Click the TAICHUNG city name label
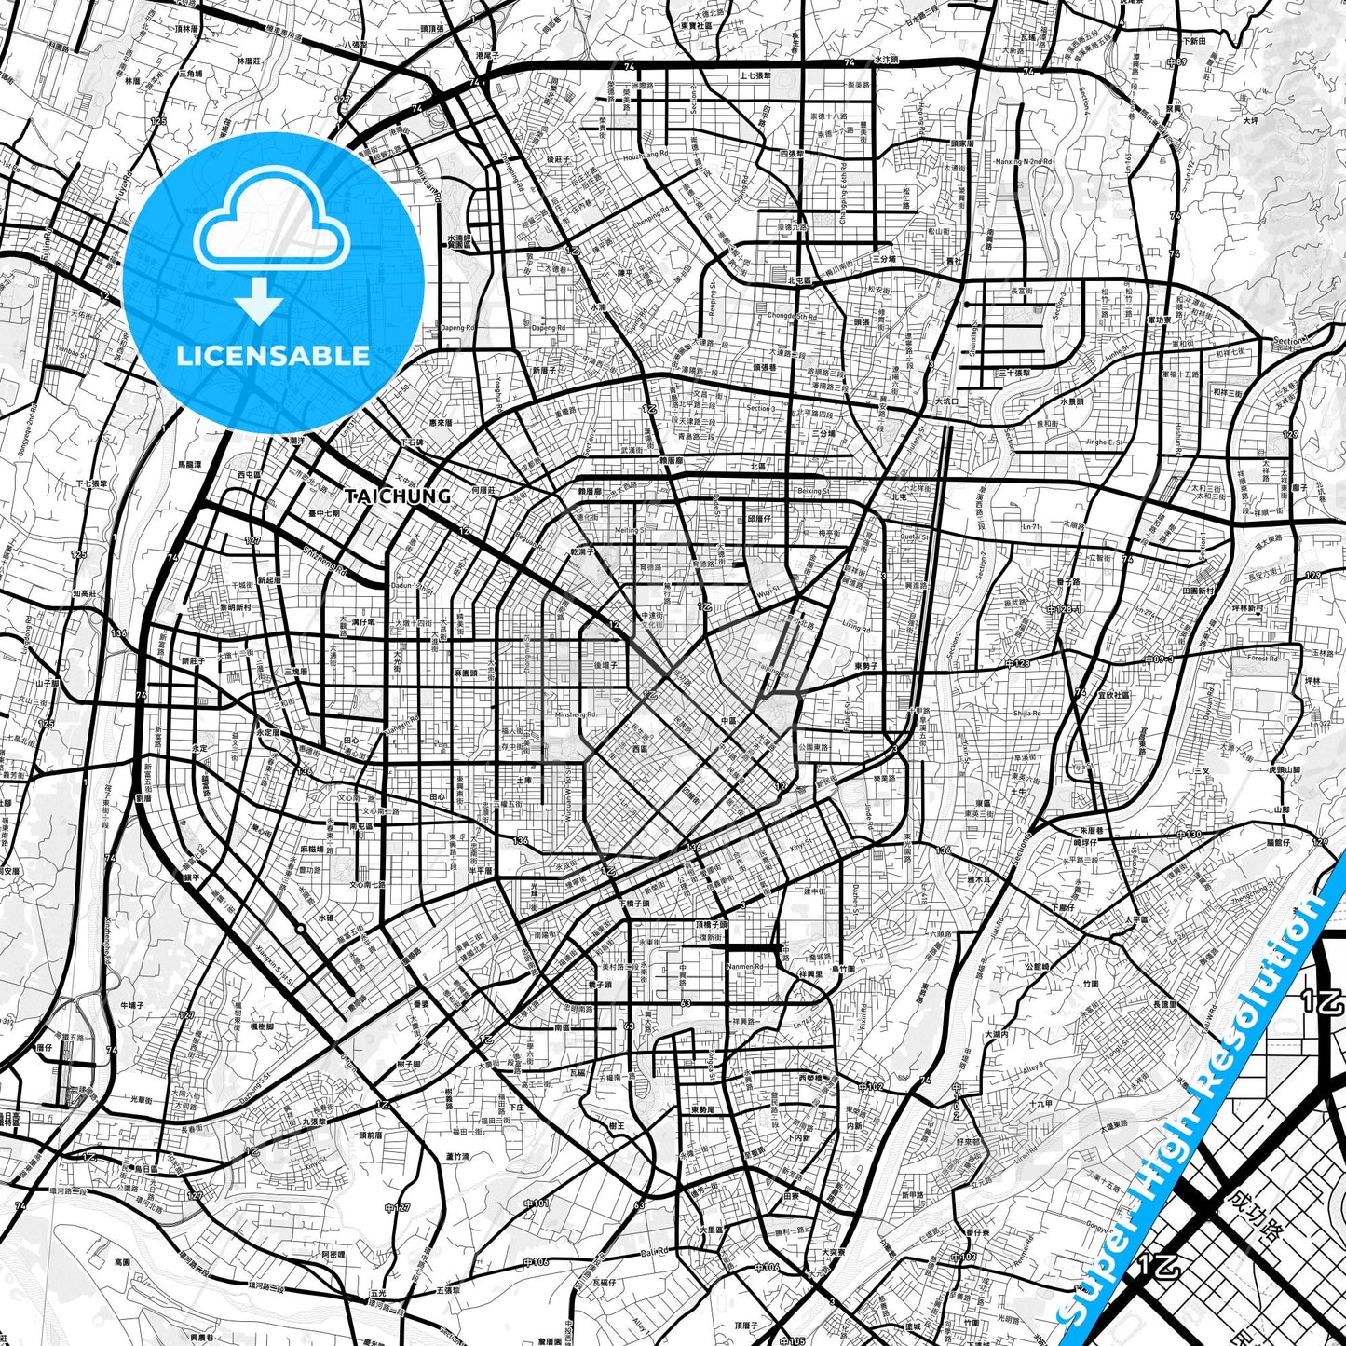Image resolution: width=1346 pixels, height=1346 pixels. coord(398,496)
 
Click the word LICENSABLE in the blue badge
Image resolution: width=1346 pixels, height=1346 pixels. coord(273,356)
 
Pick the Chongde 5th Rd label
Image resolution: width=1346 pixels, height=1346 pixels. coord(791,316)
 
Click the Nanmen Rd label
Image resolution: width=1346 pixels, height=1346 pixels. coord(745,967)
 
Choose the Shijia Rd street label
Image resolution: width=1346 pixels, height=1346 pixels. coord(1026,714)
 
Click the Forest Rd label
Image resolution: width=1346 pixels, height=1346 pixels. coord(1262,659)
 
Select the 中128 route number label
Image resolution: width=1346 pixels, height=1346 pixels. coord(1017,663)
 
